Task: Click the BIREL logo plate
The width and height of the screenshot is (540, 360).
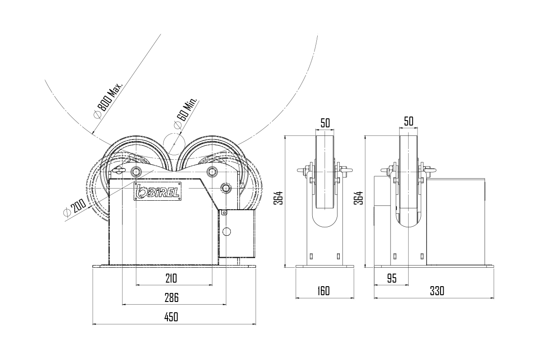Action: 157,191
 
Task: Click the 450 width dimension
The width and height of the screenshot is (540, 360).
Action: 171,317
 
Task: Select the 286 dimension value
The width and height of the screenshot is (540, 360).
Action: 171,297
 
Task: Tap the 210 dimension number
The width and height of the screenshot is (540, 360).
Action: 171,278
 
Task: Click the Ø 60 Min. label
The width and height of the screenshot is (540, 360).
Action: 185,113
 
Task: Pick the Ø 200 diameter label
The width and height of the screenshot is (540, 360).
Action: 75,207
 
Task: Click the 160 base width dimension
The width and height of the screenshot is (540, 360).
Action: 323,291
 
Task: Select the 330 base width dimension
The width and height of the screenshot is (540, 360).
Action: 437,291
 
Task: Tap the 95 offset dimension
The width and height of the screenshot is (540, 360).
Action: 392,279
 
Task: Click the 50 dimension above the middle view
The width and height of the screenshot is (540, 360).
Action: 325,123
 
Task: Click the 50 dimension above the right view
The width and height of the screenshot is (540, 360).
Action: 409,121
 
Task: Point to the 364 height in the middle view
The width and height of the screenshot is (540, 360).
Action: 278,198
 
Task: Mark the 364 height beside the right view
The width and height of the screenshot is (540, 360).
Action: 358,198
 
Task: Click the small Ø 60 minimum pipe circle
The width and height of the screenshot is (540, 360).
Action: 174,144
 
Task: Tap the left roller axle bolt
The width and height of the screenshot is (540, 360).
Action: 136,172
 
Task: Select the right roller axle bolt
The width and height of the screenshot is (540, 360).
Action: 212,172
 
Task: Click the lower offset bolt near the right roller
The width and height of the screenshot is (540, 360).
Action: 226,188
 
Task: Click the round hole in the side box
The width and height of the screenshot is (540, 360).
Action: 226,231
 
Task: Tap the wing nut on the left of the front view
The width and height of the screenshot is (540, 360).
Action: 119,171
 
